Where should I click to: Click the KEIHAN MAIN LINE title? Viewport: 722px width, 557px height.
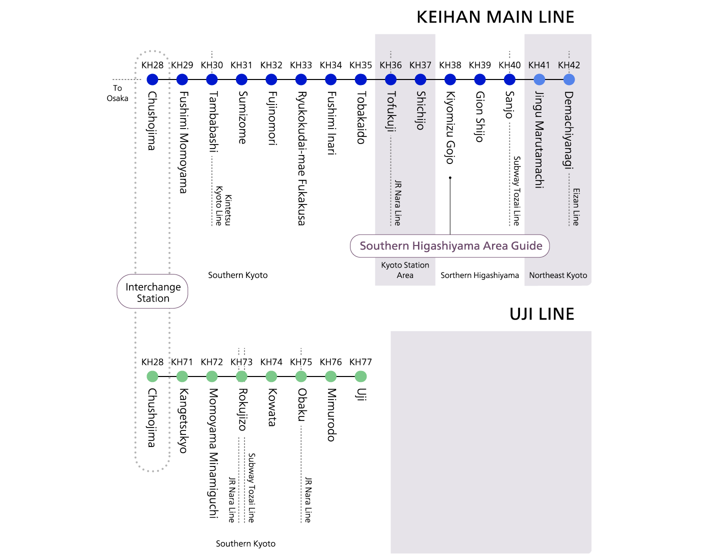click(x=495, y=17)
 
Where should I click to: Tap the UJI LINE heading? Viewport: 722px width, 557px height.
click(x=541, y=314)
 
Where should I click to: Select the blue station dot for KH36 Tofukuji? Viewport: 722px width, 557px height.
click(x=390, y=79)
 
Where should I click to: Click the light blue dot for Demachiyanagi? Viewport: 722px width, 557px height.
click(x=569, y=79)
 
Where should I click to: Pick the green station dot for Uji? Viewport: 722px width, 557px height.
click(x=360, y=376)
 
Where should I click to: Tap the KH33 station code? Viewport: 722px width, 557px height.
click(x=300, y=65)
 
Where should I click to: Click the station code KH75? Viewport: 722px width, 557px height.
click(x=300, y=361)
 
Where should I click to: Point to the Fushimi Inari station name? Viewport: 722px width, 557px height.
click(x=331, y=123)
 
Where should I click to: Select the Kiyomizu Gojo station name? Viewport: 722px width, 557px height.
click(x=450, y=128)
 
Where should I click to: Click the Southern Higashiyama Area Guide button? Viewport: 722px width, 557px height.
click(x=449, y=246)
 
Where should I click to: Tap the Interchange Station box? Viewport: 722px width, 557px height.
click(x=152, y=291)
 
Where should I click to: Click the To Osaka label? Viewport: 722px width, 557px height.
click(x=117, y=93)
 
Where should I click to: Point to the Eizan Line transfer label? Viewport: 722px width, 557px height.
click(x=576, y=207)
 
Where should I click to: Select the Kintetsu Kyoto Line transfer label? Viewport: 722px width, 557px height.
click(x=223, y=206)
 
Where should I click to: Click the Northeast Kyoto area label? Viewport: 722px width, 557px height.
click(x=558, y=275)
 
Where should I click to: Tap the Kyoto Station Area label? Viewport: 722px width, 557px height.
click(x=405, y=270)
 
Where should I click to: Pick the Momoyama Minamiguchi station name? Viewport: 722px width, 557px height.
click(x=213, y=453)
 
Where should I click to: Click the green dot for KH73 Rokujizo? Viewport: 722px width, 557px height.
click(x=241, y=376)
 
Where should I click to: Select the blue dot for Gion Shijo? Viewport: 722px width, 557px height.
click(x=480, y=79)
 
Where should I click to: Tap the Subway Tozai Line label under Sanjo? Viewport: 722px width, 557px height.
click(x=516, y=191)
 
